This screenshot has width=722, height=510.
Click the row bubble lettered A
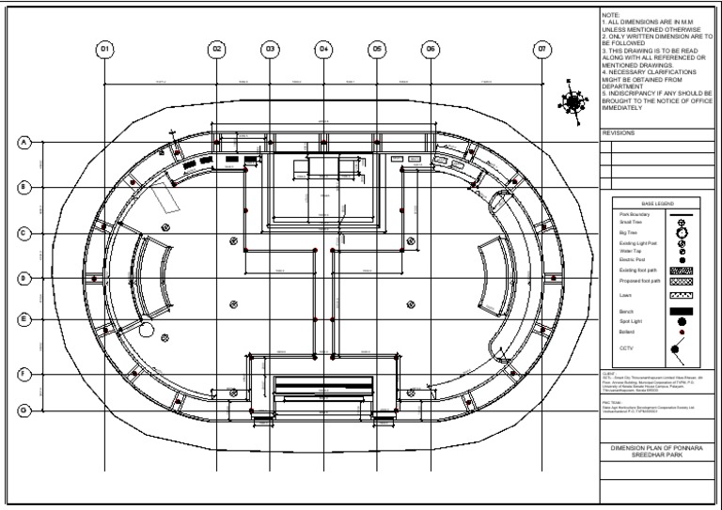(x=24, y=143)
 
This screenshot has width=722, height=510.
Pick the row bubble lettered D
(x=24, y=278)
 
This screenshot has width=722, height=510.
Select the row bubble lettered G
(x=24, y=410)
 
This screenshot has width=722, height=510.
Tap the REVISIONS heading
(x=618, y=133)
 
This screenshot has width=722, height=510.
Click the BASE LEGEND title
(x=656, y=204)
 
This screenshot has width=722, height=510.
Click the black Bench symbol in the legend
(x=682, y=310)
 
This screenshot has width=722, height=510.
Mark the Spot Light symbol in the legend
(x=682, y=321)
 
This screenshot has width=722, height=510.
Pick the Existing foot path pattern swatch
(x=682, y=270)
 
